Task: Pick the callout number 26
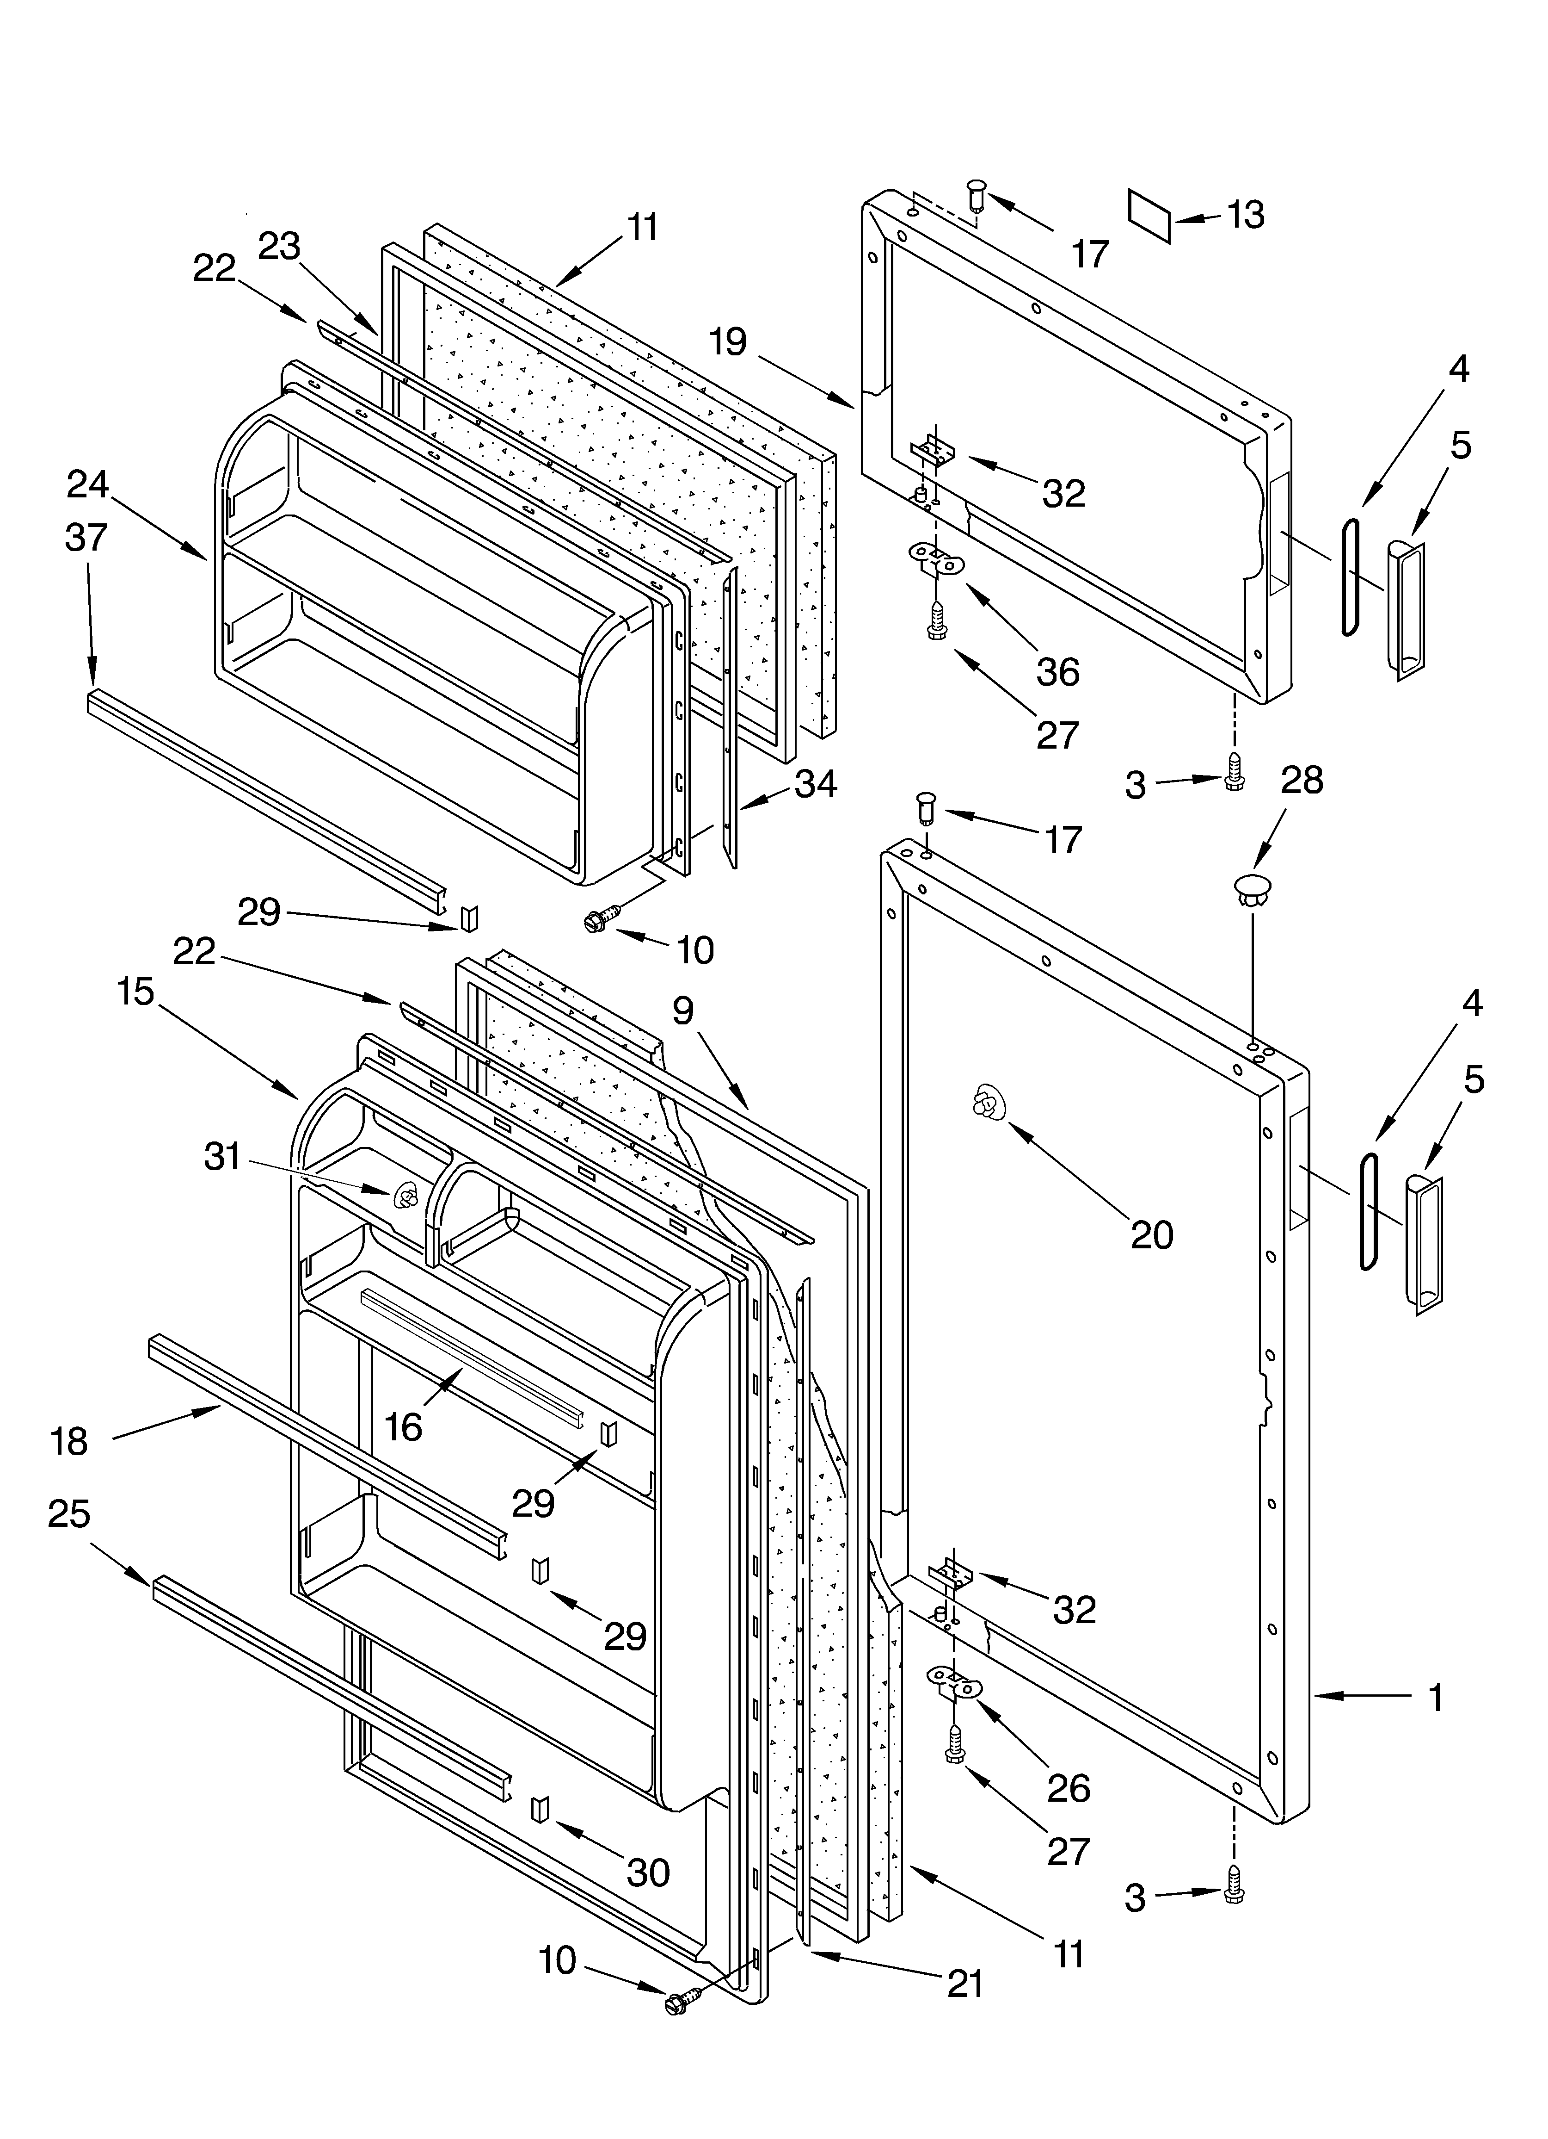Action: click(1068, 1787)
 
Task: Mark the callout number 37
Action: click(87, 538)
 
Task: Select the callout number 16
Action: click(404, 1427)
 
